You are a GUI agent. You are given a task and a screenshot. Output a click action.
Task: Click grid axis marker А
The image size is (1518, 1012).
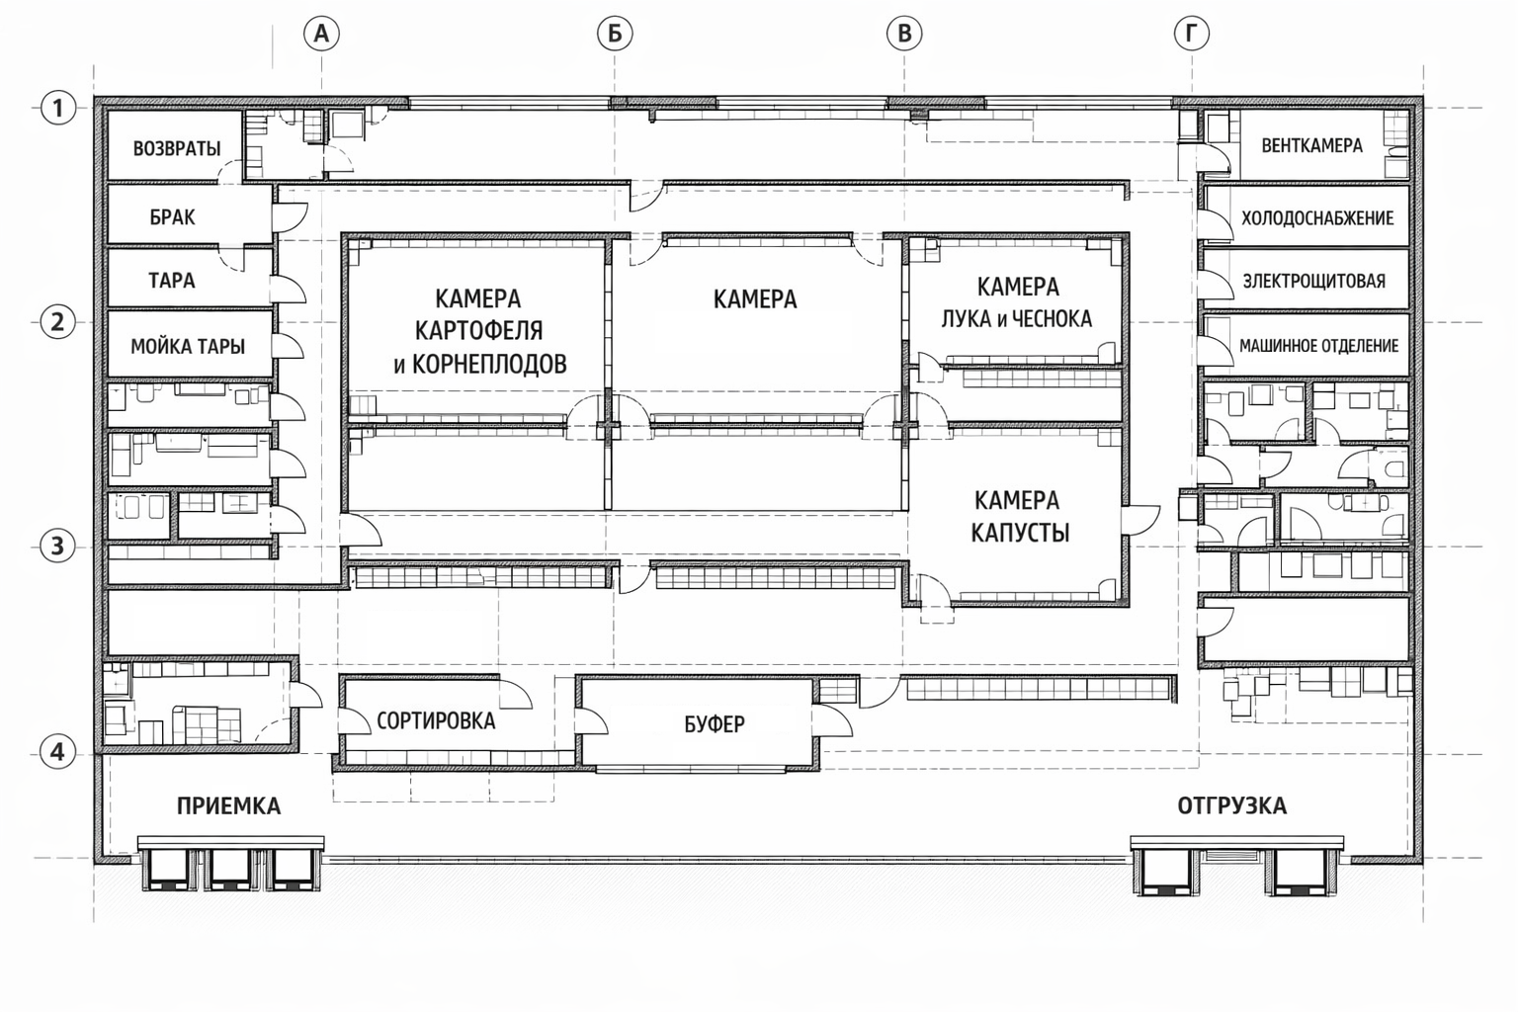pyautogui.click(x=321, y=34)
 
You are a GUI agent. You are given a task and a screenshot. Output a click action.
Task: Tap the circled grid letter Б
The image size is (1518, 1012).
pyautogui.click(x=615, y=34)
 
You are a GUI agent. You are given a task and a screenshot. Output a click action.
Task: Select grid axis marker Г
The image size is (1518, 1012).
pyautogui.click(x=1191, y=34)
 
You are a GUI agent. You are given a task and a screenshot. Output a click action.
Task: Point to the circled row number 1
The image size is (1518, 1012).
pyautogui.click(x=57, y=108)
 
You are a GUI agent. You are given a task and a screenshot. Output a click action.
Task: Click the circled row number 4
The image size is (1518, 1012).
pyautogui.click(x=57, y=752)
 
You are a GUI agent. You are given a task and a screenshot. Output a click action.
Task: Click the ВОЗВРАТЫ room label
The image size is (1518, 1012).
pyautogui.click(x=177, y=148)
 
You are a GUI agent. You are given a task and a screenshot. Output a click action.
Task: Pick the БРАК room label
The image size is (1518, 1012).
pyautogui.click(x=172, y=217)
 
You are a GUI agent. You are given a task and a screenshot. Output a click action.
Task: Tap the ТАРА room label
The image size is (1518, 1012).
pyautogui.click(x=171, y=280)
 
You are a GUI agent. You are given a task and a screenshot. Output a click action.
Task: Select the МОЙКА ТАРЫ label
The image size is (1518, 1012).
pyautogui.click(x=188, y=346)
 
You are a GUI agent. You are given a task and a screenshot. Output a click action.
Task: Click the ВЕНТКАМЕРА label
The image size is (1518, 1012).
pyautogui.click(x=1312, y=145)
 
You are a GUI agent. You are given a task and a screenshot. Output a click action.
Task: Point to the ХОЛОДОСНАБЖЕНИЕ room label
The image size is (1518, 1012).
pyautogui.click(x=1317, y=218)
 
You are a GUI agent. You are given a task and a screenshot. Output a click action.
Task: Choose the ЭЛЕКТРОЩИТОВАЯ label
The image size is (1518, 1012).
pyautogui.click(x=1314, y=281)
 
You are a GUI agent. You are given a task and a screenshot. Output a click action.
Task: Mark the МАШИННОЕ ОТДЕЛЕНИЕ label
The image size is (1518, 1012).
pyautogui.click(x=1318, y=346)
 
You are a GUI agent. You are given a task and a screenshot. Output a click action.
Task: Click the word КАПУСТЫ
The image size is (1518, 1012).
pyautogui.click(x=1020, y=533)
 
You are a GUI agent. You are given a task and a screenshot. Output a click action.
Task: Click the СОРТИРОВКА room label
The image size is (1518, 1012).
pyautogui.click(x=436, y=720)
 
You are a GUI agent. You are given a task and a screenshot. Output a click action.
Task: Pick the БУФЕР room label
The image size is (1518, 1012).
pyautogui.click(x=715, y=724)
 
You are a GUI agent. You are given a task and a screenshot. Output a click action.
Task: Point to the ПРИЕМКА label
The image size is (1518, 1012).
pyautogui.click(x=228, y=805)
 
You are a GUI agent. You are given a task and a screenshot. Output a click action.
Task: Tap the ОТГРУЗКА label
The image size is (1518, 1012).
pyautogui.click(x=1231, y=805)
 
